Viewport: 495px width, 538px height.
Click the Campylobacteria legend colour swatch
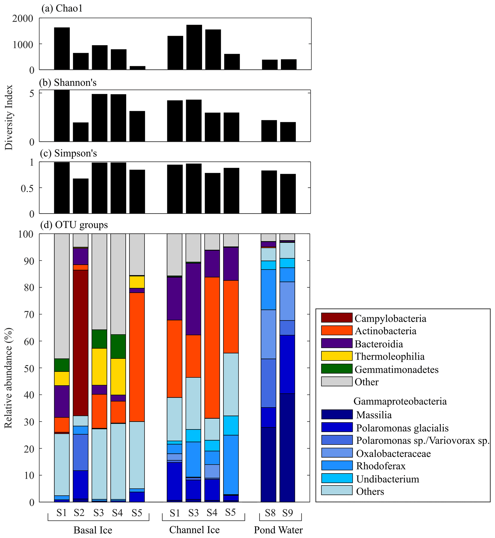(336, 318)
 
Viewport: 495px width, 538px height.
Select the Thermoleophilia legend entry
(390, 356)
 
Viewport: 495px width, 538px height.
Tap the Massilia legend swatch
(336, 414)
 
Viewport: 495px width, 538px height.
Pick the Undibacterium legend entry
(387, 479)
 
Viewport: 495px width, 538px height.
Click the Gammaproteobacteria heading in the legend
(400, 401)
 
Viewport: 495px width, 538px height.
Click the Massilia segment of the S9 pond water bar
(287, 447)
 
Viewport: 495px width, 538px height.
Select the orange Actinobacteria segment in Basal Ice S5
(137, 357)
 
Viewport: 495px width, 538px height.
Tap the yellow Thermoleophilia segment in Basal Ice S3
(99, 366)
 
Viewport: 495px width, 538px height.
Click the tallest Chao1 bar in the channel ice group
(194, 47)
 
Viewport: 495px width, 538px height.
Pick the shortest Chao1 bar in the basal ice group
(137, 68)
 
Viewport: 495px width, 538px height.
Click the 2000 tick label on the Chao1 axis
(23, 18)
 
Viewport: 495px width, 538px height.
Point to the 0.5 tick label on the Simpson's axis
(28, 188)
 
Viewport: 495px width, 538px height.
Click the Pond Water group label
(278, 530)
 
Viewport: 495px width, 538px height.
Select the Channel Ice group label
(194, 529)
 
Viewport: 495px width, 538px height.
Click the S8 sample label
(270, 513)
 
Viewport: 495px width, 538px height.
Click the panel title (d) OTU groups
(74, 224)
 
